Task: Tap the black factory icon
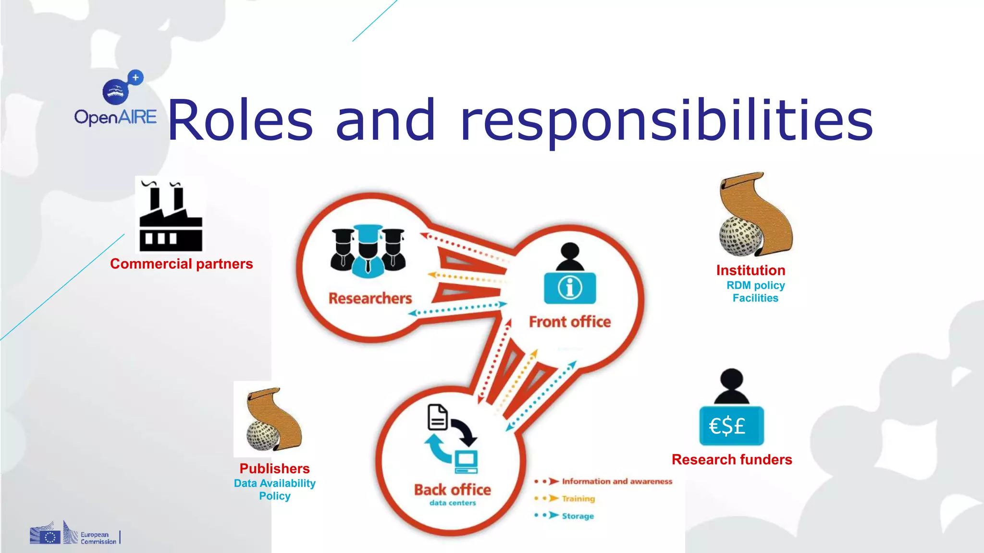click(x=171, y=216)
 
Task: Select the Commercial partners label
click(x=181, y=264)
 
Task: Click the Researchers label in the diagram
click(x=370, y=298)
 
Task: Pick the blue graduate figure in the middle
click(x=368, y=252)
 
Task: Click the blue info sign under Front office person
click(x=570, y=288)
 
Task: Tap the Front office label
click(x=570, y=322)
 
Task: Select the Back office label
click(x=453, y=490)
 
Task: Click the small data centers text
click(x=453, y=503)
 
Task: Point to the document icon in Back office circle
click(x=437, y=417)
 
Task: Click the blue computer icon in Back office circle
click(x=466, y=461)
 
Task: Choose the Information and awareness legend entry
click(x=617, y=481)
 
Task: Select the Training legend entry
click(x=578, y=499)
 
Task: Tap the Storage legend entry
click(x=578, y=516)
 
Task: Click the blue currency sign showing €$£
click(x=731, y=426)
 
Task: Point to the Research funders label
click(x=732, y=460)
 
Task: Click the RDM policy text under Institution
click(x=755, y=286)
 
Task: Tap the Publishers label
click(x=274, y=469)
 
